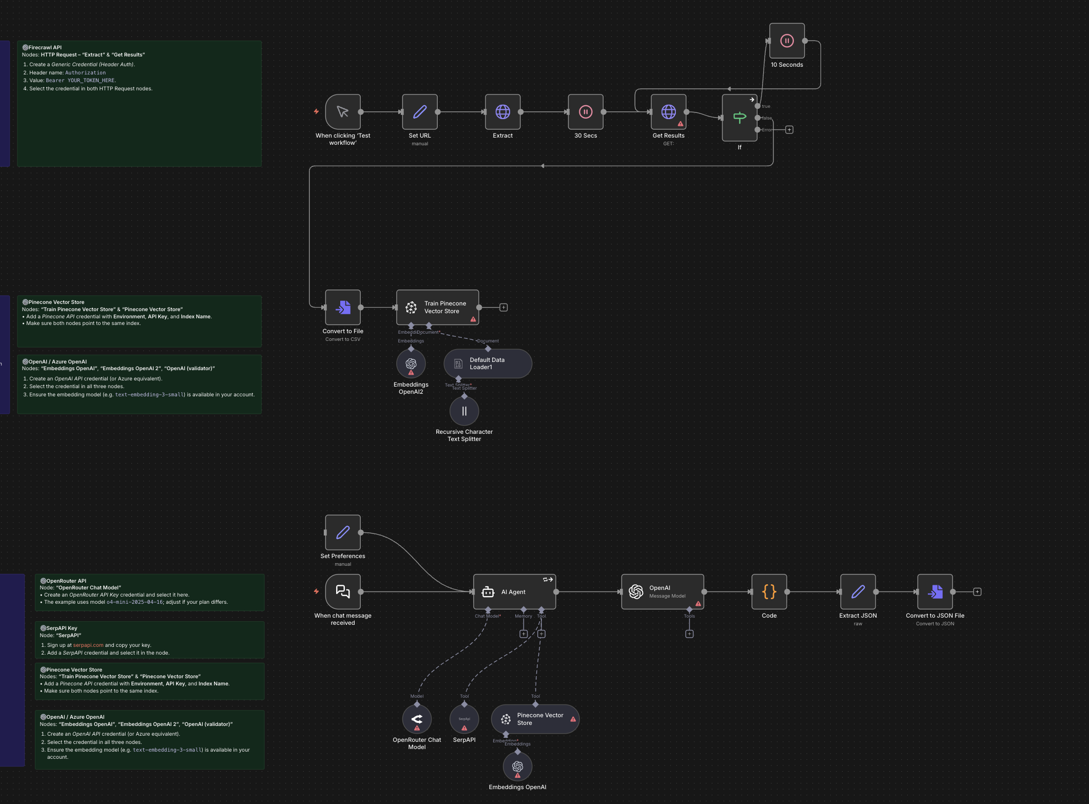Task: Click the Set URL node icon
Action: pyautogui.click(x=420, y=112)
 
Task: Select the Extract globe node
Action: pyautogui.click(x=502, y=112)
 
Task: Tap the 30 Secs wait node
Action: pyautogui.click(x=586, y=112)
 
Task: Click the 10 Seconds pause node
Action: pyautogui.click(x=787, y=41)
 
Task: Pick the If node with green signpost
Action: pyautogui.click(x=740, y=118)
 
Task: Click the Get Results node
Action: pyautogui.click(x=668, y=112)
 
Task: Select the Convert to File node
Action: pyautogui.click(x=343, y=308)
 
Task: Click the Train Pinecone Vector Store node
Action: pyautogui.click(x=437, y=308)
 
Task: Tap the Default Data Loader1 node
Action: pyautogui.click(x=488, y=363)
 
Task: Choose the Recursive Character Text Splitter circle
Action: pyautogui.click(x=464, y=411)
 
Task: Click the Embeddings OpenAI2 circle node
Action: pyautogui.click(x=411, y=364)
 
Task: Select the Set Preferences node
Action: pyautogui.click(x=343, y=532)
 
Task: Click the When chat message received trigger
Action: pyautogui.click(x=343, y=592)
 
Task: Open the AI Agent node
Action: pyautogui.click(x=514, y=592)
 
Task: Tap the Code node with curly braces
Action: pyautogui.click(x=769, y=592)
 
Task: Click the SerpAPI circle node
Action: pyautogui.click(x=464, y=719)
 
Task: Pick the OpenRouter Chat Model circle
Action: pyautogui.click(x=417, y=719)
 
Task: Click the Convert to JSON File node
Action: pyautogui.click(x=935, y=592)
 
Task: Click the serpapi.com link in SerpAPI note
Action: pyautogui.click(x=88, y=645)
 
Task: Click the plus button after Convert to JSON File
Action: pyautogui.click(x=977, y=592)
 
